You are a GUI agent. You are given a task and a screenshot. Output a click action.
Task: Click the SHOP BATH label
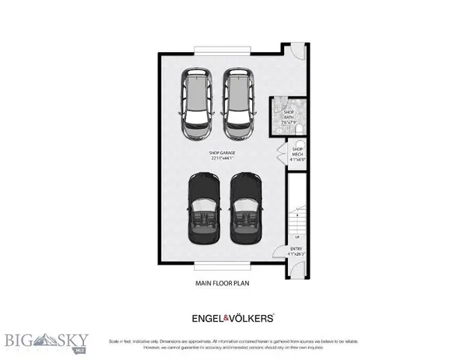click(289, 114)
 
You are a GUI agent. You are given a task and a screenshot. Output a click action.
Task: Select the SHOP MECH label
click(297, 151)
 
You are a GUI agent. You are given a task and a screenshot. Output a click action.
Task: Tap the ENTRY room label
click(297, 249)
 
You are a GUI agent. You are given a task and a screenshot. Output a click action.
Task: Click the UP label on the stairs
click(297, 236)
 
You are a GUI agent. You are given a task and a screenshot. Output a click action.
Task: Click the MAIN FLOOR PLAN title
click(223, 285)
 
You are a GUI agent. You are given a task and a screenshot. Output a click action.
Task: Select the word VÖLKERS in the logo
click(253, 318)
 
